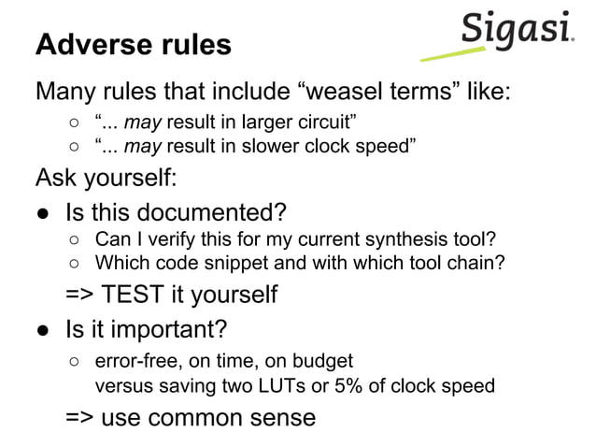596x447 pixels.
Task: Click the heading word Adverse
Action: click(91, 45)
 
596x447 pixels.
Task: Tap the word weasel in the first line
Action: click(348, 94)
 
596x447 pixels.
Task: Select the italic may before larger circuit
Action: click(143, 123)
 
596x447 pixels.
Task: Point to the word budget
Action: click(326, 360)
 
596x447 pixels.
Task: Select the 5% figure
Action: click(352, 385)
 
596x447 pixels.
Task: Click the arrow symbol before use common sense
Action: click(78, 417)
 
